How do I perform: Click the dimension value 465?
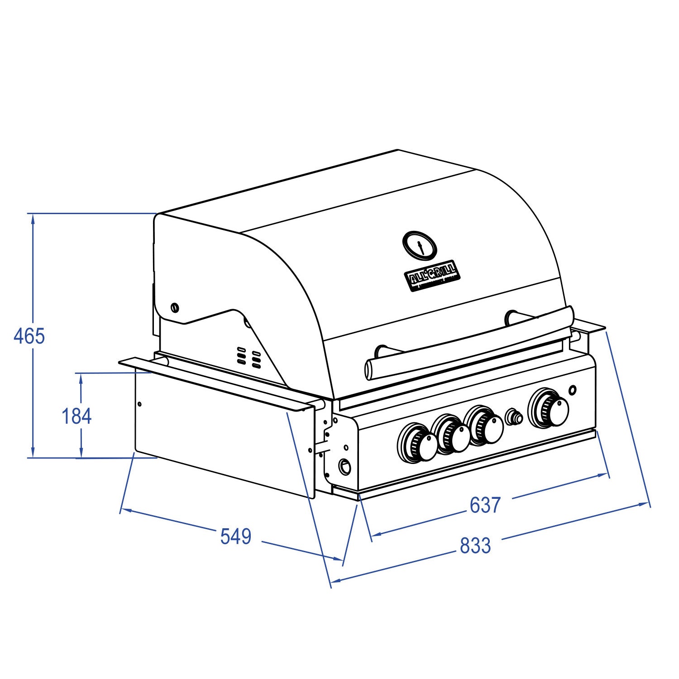[x=29, y=336]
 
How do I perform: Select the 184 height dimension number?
[x=77, y=416]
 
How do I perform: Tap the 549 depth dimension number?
[x=235, y=536]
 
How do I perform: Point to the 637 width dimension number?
[x=485, y=505]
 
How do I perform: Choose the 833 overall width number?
[x=475, y=545]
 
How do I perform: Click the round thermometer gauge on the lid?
[x=420, y=246]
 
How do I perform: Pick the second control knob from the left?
[x=451, y=435]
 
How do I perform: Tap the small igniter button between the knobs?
[x=514, y=417]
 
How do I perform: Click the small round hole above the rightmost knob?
[x=573, y=390]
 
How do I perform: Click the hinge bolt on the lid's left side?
[x=175, y=308]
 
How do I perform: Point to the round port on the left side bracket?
[x=345, y=466]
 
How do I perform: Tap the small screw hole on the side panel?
[x=139, y=404]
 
